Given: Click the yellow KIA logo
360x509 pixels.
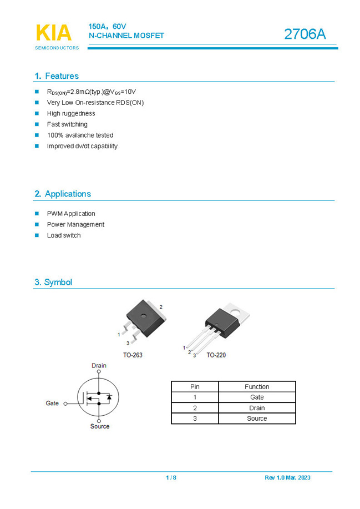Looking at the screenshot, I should [54, 33].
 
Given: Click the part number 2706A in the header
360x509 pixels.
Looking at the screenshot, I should [305, 34].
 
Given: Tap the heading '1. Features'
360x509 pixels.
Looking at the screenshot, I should [57, 76].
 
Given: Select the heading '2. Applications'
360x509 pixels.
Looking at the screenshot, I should [62, 194].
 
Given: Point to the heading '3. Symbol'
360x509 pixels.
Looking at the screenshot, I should [53, 282].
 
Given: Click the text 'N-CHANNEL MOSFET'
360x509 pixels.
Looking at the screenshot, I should [126, 36].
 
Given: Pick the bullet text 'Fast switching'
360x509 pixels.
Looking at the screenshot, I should [67, 124].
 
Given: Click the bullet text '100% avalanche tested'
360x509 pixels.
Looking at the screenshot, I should [80, 135].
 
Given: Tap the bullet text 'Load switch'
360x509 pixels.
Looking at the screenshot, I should [64, 235].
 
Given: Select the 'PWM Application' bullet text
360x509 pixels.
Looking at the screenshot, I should [71, 214].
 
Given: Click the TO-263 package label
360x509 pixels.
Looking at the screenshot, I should [133, 355].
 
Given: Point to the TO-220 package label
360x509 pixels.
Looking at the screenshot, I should [216, 355].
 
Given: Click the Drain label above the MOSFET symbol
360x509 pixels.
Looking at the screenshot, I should [99, 366].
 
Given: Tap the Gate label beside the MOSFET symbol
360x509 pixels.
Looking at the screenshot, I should [52, 403].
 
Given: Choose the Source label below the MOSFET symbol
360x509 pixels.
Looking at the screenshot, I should [100, 426].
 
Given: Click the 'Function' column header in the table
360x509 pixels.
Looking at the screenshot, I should [257, 387].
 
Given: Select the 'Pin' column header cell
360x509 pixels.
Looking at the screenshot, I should [195, 387].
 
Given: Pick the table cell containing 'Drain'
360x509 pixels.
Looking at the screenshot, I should [257, 408].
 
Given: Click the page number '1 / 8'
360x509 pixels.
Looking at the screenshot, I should [171, 478].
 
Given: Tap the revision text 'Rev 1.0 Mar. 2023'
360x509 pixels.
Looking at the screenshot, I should [287, 478].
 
